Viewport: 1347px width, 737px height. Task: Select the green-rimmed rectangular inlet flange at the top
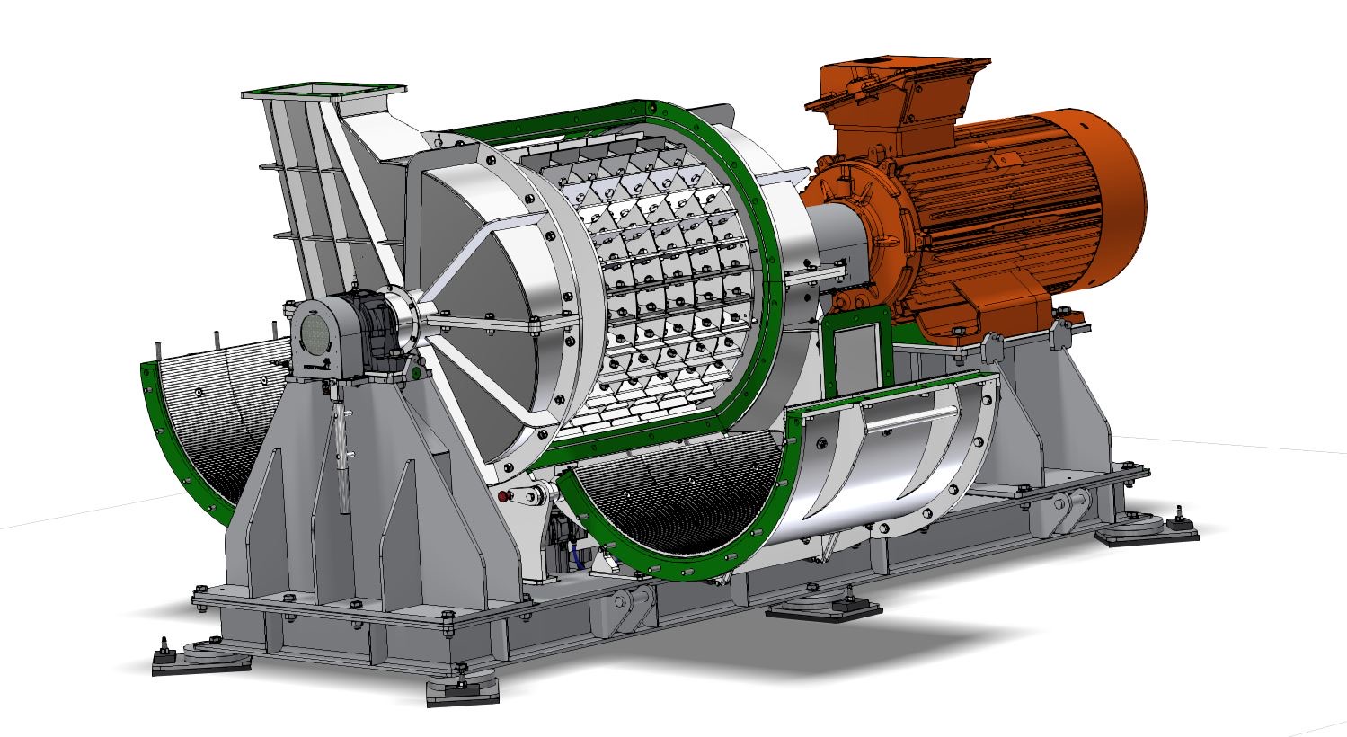323,91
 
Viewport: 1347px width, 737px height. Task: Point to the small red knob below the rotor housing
502,495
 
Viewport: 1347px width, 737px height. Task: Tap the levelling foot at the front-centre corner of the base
462,687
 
